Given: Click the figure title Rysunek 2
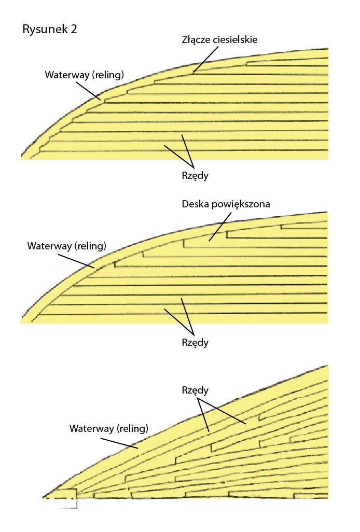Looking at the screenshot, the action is [50, 29].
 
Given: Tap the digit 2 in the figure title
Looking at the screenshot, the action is [74, 29].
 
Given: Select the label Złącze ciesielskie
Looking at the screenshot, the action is [219, 40].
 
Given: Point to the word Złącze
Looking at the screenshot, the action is [197, 40].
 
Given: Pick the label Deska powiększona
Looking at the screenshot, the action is [226, 204].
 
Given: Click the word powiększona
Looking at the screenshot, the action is [241, 205].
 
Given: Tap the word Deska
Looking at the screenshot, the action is [195, 204].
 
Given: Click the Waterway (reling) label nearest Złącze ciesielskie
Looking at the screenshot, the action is [85, 75].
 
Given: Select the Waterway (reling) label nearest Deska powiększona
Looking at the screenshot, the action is [67, 246].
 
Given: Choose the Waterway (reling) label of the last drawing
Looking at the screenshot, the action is [109, 428].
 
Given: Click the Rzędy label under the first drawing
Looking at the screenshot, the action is [195, 176].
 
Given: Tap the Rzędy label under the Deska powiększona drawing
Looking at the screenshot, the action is [195, 342].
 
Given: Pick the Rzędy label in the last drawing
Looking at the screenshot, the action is [195, 390].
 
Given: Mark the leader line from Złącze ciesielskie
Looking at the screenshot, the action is [205, 60].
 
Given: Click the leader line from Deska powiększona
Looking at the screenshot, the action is [220, 227].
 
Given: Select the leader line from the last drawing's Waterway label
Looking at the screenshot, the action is [119, 443].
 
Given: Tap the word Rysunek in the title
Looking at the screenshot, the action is [45, 30].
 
